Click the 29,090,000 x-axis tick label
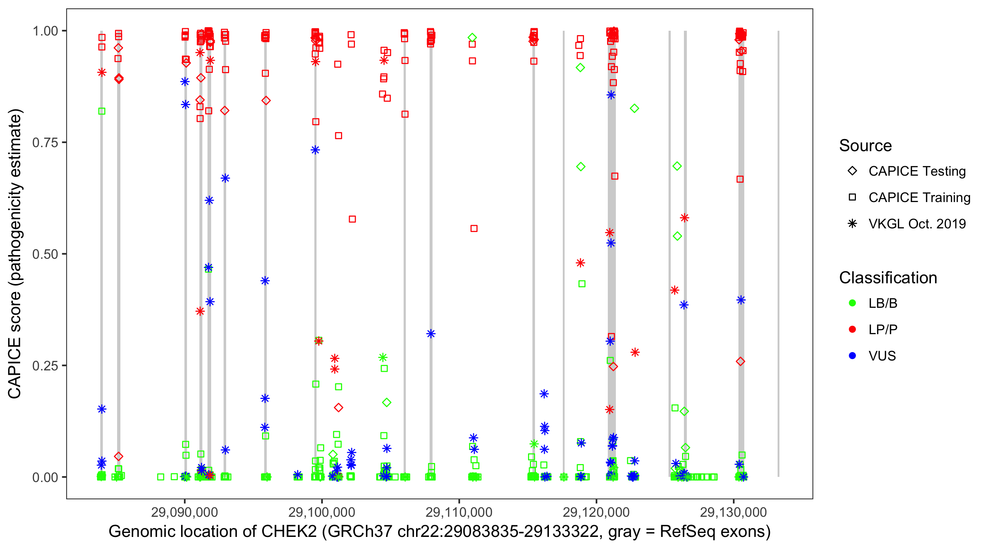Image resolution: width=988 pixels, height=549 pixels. coord(184,512)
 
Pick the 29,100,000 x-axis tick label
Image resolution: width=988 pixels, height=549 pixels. coord(322,512)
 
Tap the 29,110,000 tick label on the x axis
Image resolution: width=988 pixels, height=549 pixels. coord(459,512)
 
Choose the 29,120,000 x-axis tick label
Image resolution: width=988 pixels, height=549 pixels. coord(596,512)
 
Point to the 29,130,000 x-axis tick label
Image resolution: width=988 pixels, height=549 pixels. coord(733,512)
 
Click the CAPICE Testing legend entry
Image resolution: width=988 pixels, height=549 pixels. coord(917,171)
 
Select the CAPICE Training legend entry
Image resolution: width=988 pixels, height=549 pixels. coord(919,198)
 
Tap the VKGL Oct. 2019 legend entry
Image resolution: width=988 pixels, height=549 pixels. coord(917,224)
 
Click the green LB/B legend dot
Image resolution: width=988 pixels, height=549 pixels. coord(852,303)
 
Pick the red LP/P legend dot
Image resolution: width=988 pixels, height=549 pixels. coord(852,329)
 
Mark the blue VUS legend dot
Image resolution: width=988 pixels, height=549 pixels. coord(852,356)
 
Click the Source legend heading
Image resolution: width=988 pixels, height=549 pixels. coord(865,146)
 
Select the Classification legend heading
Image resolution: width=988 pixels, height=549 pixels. coord(888,278)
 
